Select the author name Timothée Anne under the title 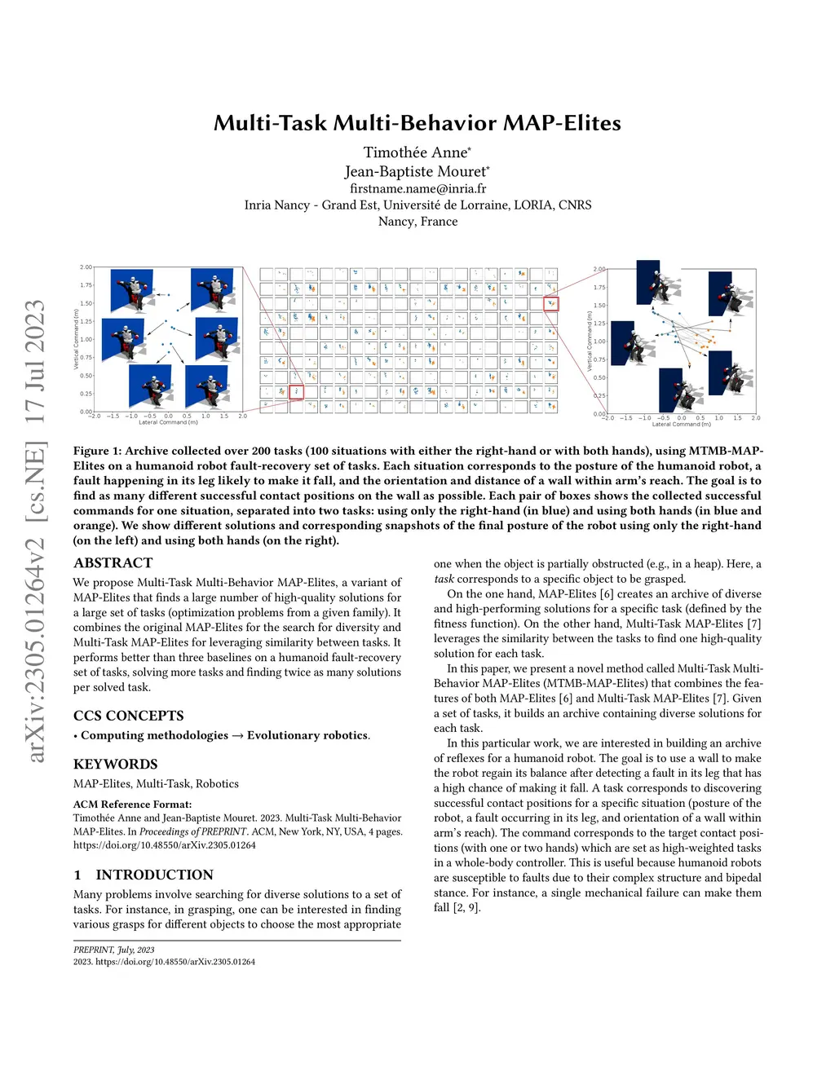pyautogui.click(x=416, y=152)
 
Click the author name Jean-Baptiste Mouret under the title pyautogui.click(x=416, y=171)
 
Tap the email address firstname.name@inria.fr pyautogui.click(x=417, y=188)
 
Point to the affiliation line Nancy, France pyautogui.click(x=417, y=222)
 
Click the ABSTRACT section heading pyautogui.click(x=113, y=562)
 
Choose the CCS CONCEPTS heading pyautogui.click(x=129, y=716)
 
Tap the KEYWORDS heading pyautogui.click(x=115, y=764)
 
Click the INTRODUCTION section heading pyautogui.click(x=154, y=875)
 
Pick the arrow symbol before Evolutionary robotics pyautogui.click(x=237, y=735)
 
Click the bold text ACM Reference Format pyautogui.click(x=132, y=804)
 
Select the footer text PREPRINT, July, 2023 pyautogui.click(x=113, y=950)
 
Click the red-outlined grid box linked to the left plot pyautogui.click(x=295, y=392)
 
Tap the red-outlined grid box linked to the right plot pyautogui.click(x=551, y=304)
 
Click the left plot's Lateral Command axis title pyautogui.click(x=168, y=422)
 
